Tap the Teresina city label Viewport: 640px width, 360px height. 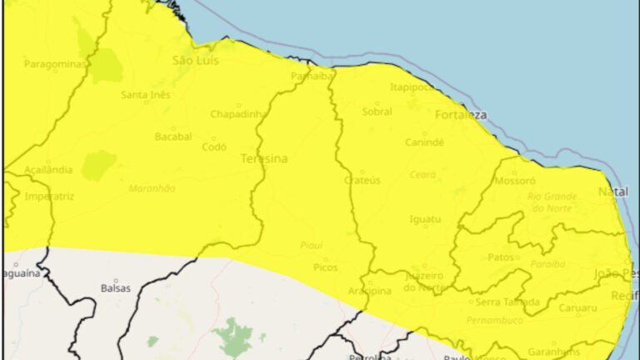pos(263,158)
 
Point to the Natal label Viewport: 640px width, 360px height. pos(612,192)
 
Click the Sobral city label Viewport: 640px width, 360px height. pos(377,112)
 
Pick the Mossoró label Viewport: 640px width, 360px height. pos(515,180)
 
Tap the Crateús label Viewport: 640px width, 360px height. pos(362,180)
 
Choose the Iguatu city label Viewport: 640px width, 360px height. pos(425,219)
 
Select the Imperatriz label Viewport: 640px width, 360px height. pos(49,197)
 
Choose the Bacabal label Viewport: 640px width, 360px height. pos(173,136)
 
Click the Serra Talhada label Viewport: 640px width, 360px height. pos(507,302)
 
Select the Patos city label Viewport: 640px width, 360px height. pos(501,257)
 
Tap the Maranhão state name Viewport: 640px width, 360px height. pos(151,188)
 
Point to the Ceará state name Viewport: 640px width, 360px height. pos(422,174)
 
